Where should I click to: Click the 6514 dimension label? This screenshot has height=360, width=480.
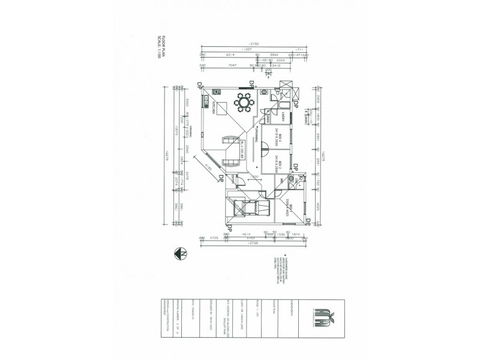point(229,55)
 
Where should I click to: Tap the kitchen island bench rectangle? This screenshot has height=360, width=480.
point(222,108)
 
